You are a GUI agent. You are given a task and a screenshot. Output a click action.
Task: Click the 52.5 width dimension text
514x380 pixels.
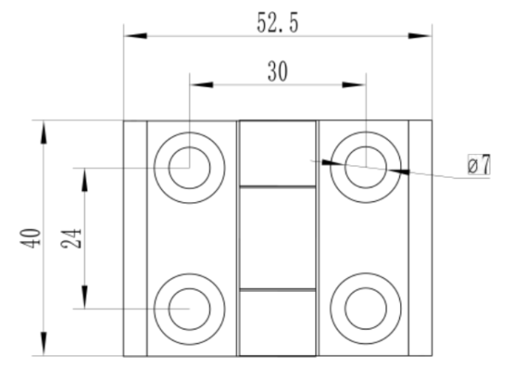[278, 23]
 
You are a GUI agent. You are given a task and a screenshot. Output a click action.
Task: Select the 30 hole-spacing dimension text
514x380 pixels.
[278, 71]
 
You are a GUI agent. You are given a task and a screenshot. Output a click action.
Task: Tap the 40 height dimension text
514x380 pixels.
[31, 238]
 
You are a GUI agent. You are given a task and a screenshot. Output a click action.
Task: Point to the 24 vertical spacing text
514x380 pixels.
[71, 238]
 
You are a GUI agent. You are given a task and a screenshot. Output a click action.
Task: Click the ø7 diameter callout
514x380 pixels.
[479, 164]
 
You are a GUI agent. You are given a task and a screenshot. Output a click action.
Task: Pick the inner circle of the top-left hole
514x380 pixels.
[169, 168]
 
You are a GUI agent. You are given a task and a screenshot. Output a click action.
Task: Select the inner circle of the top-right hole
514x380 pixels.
[345, 167]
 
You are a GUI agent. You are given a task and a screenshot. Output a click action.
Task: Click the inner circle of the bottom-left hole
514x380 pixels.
[169, 309]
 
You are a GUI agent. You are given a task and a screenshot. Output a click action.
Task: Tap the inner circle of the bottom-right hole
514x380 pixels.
[345, 308]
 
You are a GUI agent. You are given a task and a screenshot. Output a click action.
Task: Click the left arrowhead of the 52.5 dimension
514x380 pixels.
[135, 36]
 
